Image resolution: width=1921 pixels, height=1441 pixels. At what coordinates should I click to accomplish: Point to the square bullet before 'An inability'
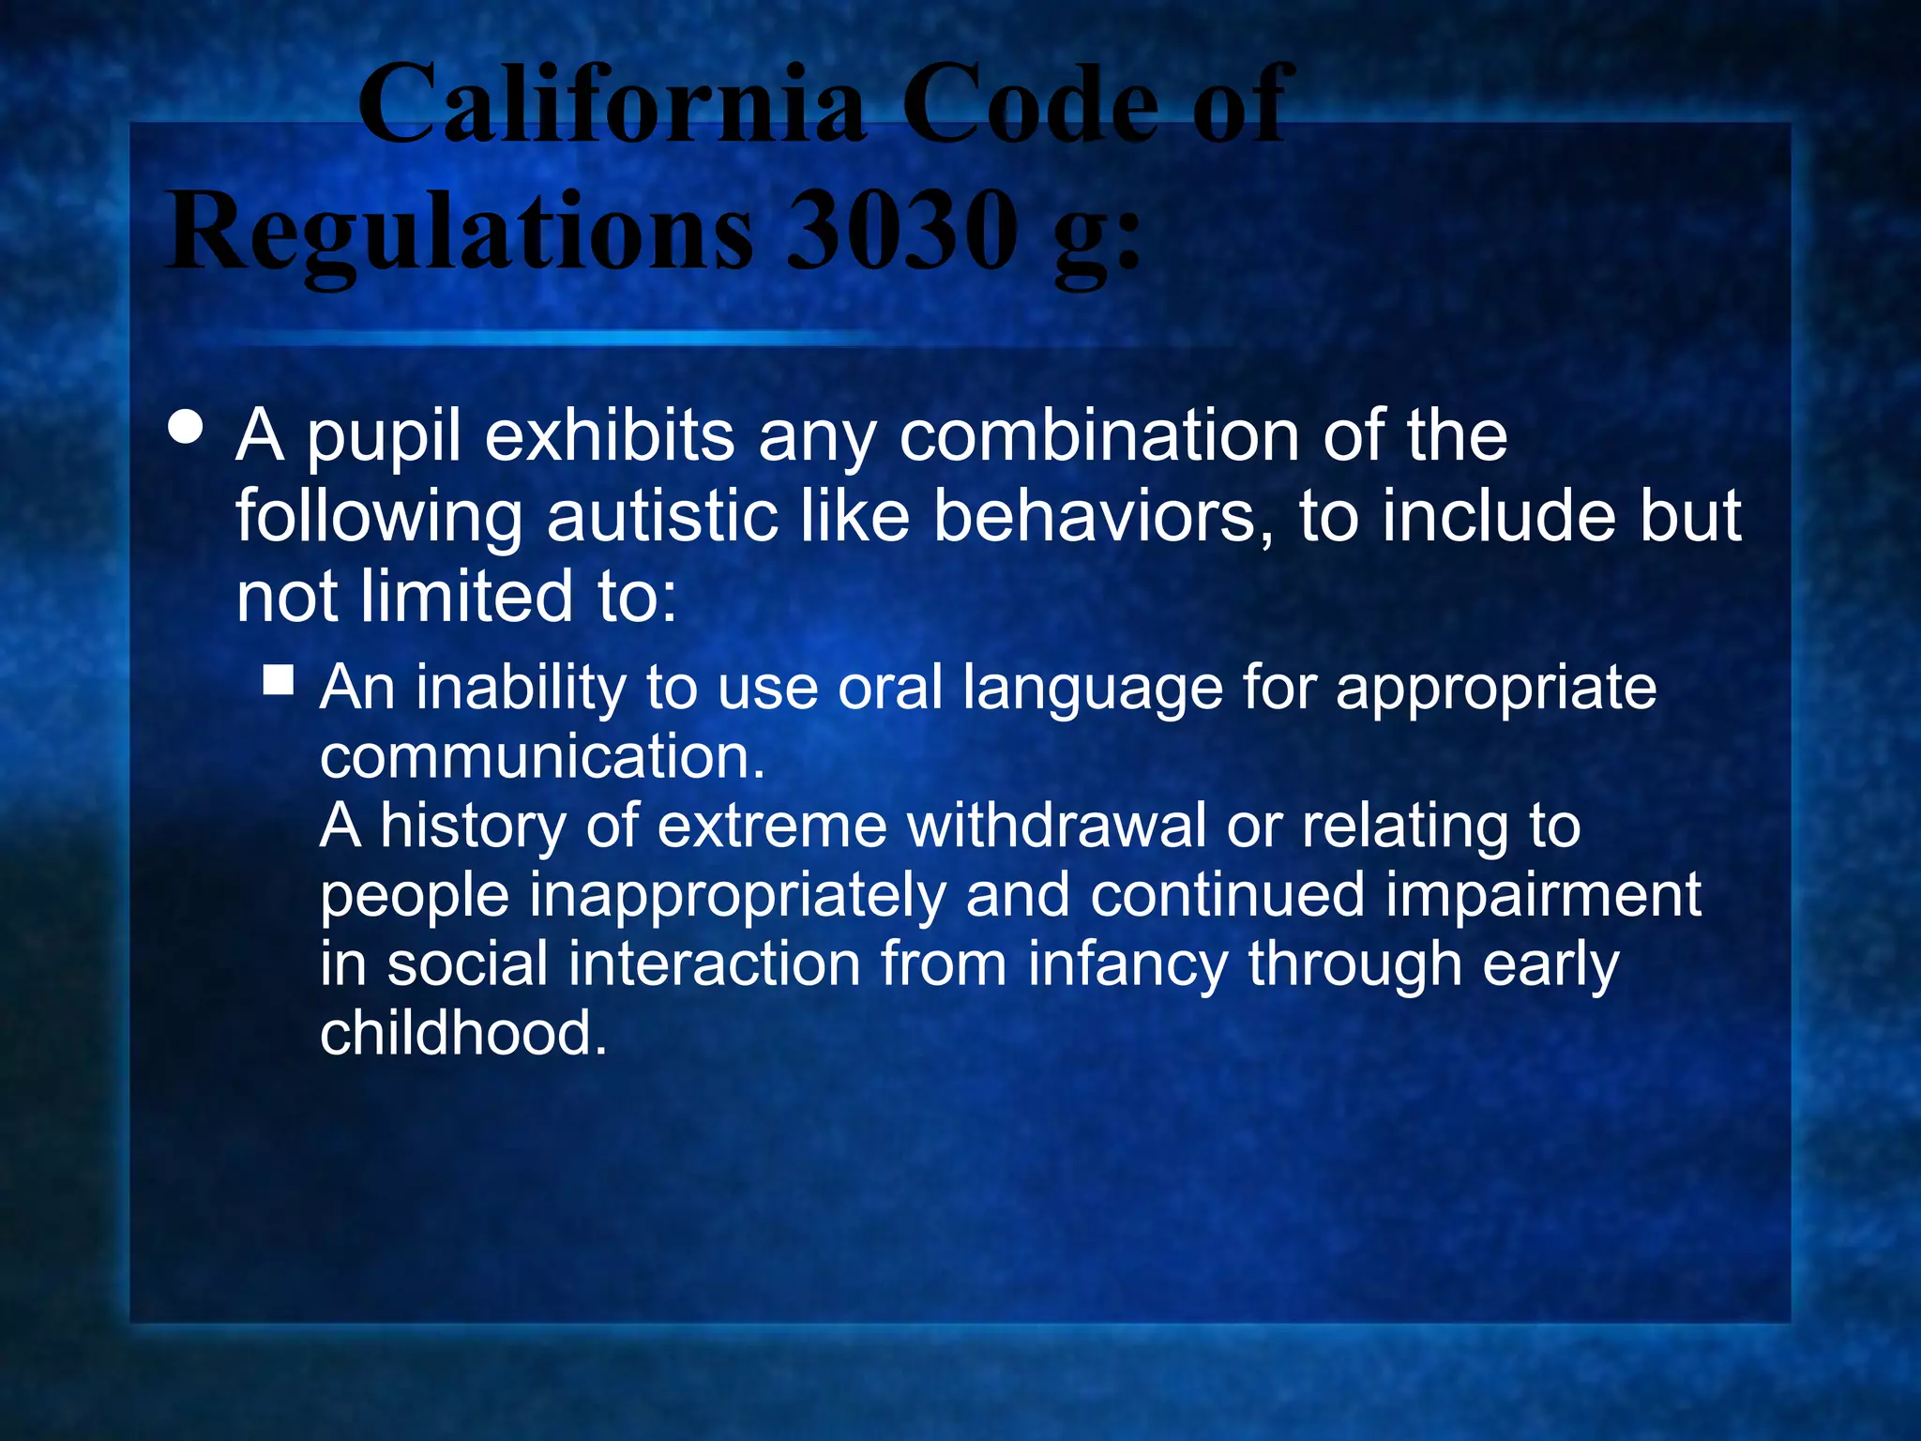pyautogui.click(x=279, y=679)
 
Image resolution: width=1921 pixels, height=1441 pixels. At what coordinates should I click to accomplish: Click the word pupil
pyautogui.click(x=384, y=439)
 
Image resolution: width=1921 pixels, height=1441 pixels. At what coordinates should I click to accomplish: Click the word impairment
pyautogui.click(x=1543, y=896)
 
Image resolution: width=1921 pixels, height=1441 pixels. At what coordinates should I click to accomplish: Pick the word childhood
pyautogui.click(x=463, y=1033)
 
